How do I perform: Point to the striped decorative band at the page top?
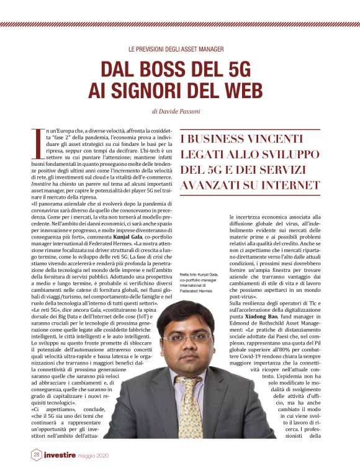pyautogui.click(x=180, y=24)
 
